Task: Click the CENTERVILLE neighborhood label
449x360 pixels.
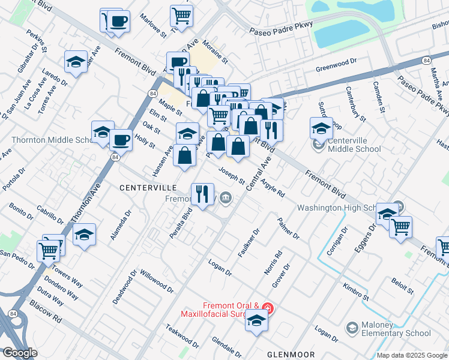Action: coord(146,188)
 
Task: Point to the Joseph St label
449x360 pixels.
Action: coord(231,176)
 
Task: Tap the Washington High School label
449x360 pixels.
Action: coord(343,208)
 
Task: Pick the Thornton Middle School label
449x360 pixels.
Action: coord(51,140)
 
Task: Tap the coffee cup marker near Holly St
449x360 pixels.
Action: coord(120,140)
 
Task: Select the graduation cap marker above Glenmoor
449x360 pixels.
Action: coord(256,320)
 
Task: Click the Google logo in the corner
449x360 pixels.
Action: coord(20,353)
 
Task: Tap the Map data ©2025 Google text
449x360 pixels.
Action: coord(412,355)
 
